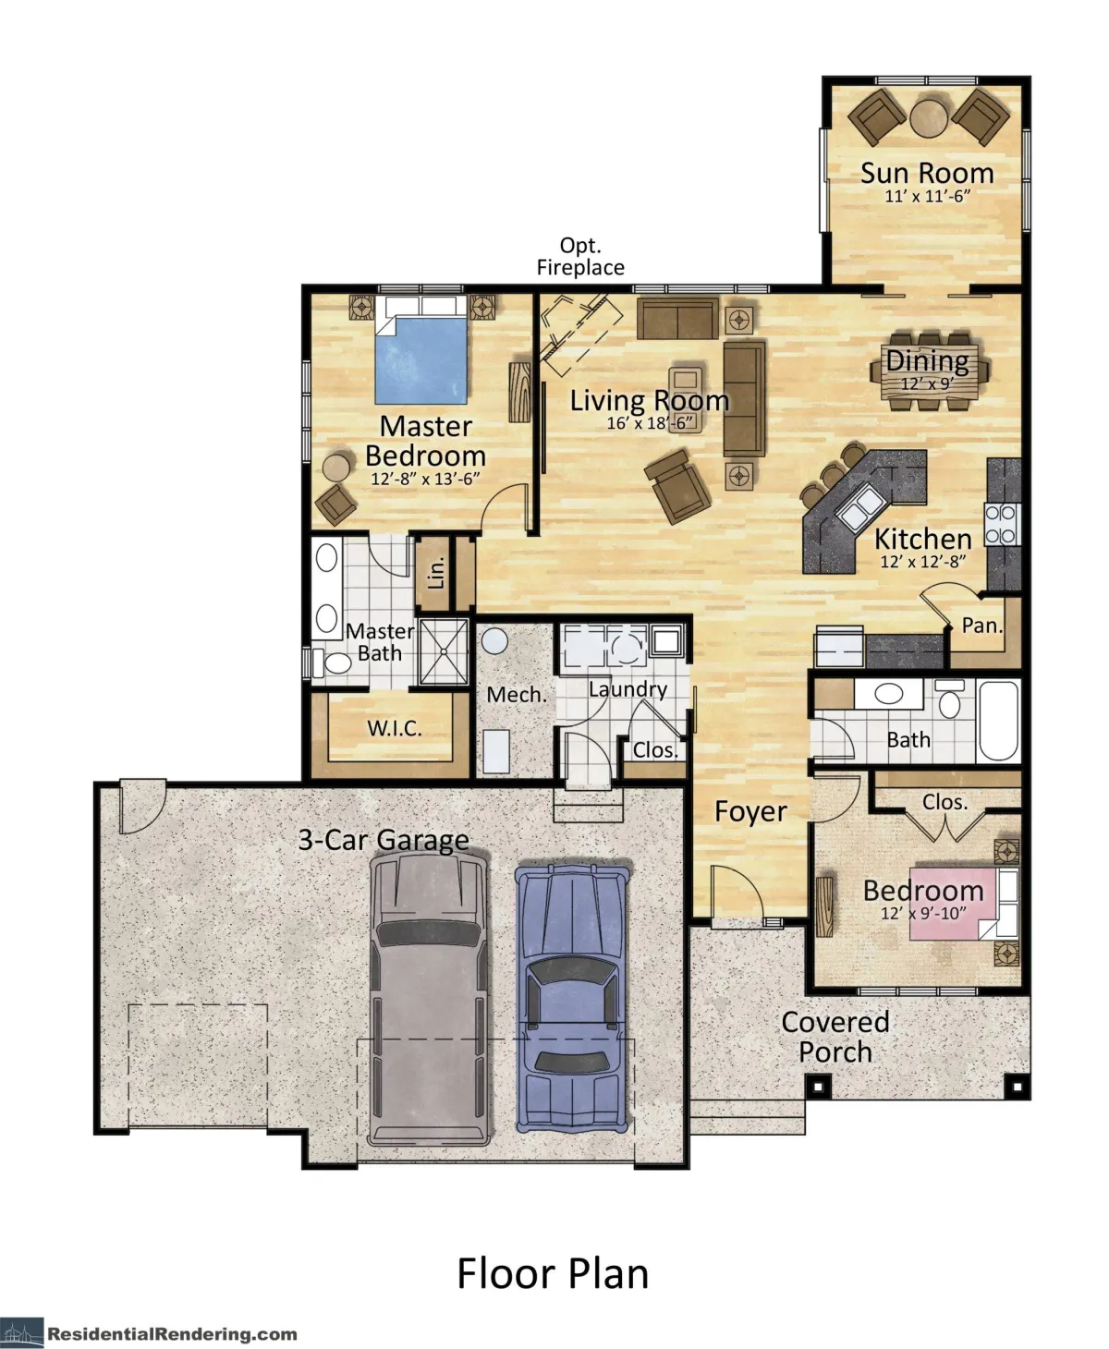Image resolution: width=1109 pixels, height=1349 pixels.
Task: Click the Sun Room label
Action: [x=926, y=173]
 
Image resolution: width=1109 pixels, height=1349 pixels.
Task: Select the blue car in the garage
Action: [x=572, y=998]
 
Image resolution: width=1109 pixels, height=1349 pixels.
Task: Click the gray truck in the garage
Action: [x=429, y=998]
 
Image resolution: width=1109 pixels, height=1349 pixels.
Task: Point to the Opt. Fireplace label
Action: [x=580, y=257]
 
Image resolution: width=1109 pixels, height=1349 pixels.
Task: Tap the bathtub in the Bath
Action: [x=998, y=721]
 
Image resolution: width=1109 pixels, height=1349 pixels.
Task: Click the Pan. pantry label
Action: [x=981, y=626]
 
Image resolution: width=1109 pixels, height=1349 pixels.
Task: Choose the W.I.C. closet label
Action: [x=395, y=728]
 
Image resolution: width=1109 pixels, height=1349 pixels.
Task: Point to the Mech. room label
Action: [x=516, y=694]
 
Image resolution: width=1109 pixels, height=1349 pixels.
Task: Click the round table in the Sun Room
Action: [x=928, y=117]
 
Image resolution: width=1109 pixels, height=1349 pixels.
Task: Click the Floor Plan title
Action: [x=553, y=1272]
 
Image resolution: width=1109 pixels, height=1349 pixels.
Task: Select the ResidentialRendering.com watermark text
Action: [x=172, y=1333]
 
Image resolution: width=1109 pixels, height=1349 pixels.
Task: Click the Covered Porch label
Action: [x=835, y=1037]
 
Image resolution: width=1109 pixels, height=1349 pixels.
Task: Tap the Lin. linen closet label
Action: [x=436, y=573]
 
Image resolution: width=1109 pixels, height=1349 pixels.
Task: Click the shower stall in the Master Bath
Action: [x=444, y=651]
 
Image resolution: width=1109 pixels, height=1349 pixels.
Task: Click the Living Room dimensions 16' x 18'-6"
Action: [x=649, y=423]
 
